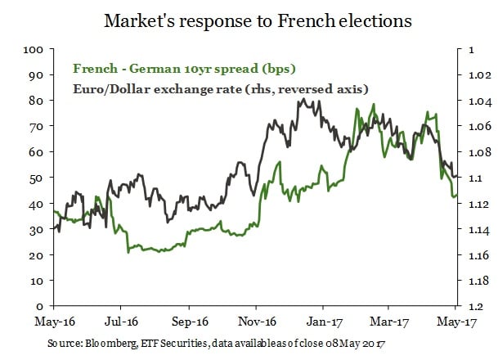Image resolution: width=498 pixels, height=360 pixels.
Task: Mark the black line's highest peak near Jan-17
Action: click(x=303, y=100)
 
